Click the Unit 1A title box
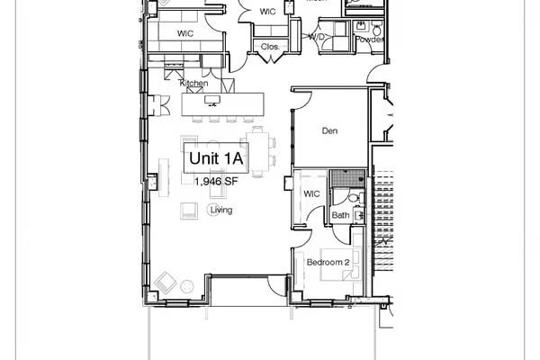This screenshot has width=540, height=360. pyautogui.click(x=215, y=158)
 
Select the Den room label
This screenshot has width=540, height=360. pyautogui.click(x=329, y=131)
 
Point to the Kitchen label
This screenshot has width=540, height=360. pyautogui.click(x=194, y=84)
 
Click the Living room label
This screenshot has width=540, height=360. pyautogui.click(x=220, y=211)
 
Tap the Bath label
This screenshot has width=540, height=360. pyautogui.click(x=340, y=216)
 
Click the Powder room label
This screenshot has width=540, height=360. pyautogui.click(x=369, y=40)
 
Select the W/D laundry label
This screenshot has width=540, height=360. pyautogui.click(x=316, y=37)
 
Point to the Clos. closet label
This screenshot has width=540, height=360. pyautogui.click(x=269, y=46)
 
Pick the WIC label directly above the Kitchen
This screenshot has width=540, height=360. pyautogui.click(x=185, y=33)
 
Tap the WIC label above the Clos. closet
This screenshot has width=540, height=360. pyautogui.click(x=267, y=12)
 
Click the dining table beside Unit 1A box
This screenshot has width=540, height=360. pyautogui.click(x=259, y=150)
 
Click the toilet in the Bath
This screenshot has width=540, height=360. pyautogui.click(x=354, y=201)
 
